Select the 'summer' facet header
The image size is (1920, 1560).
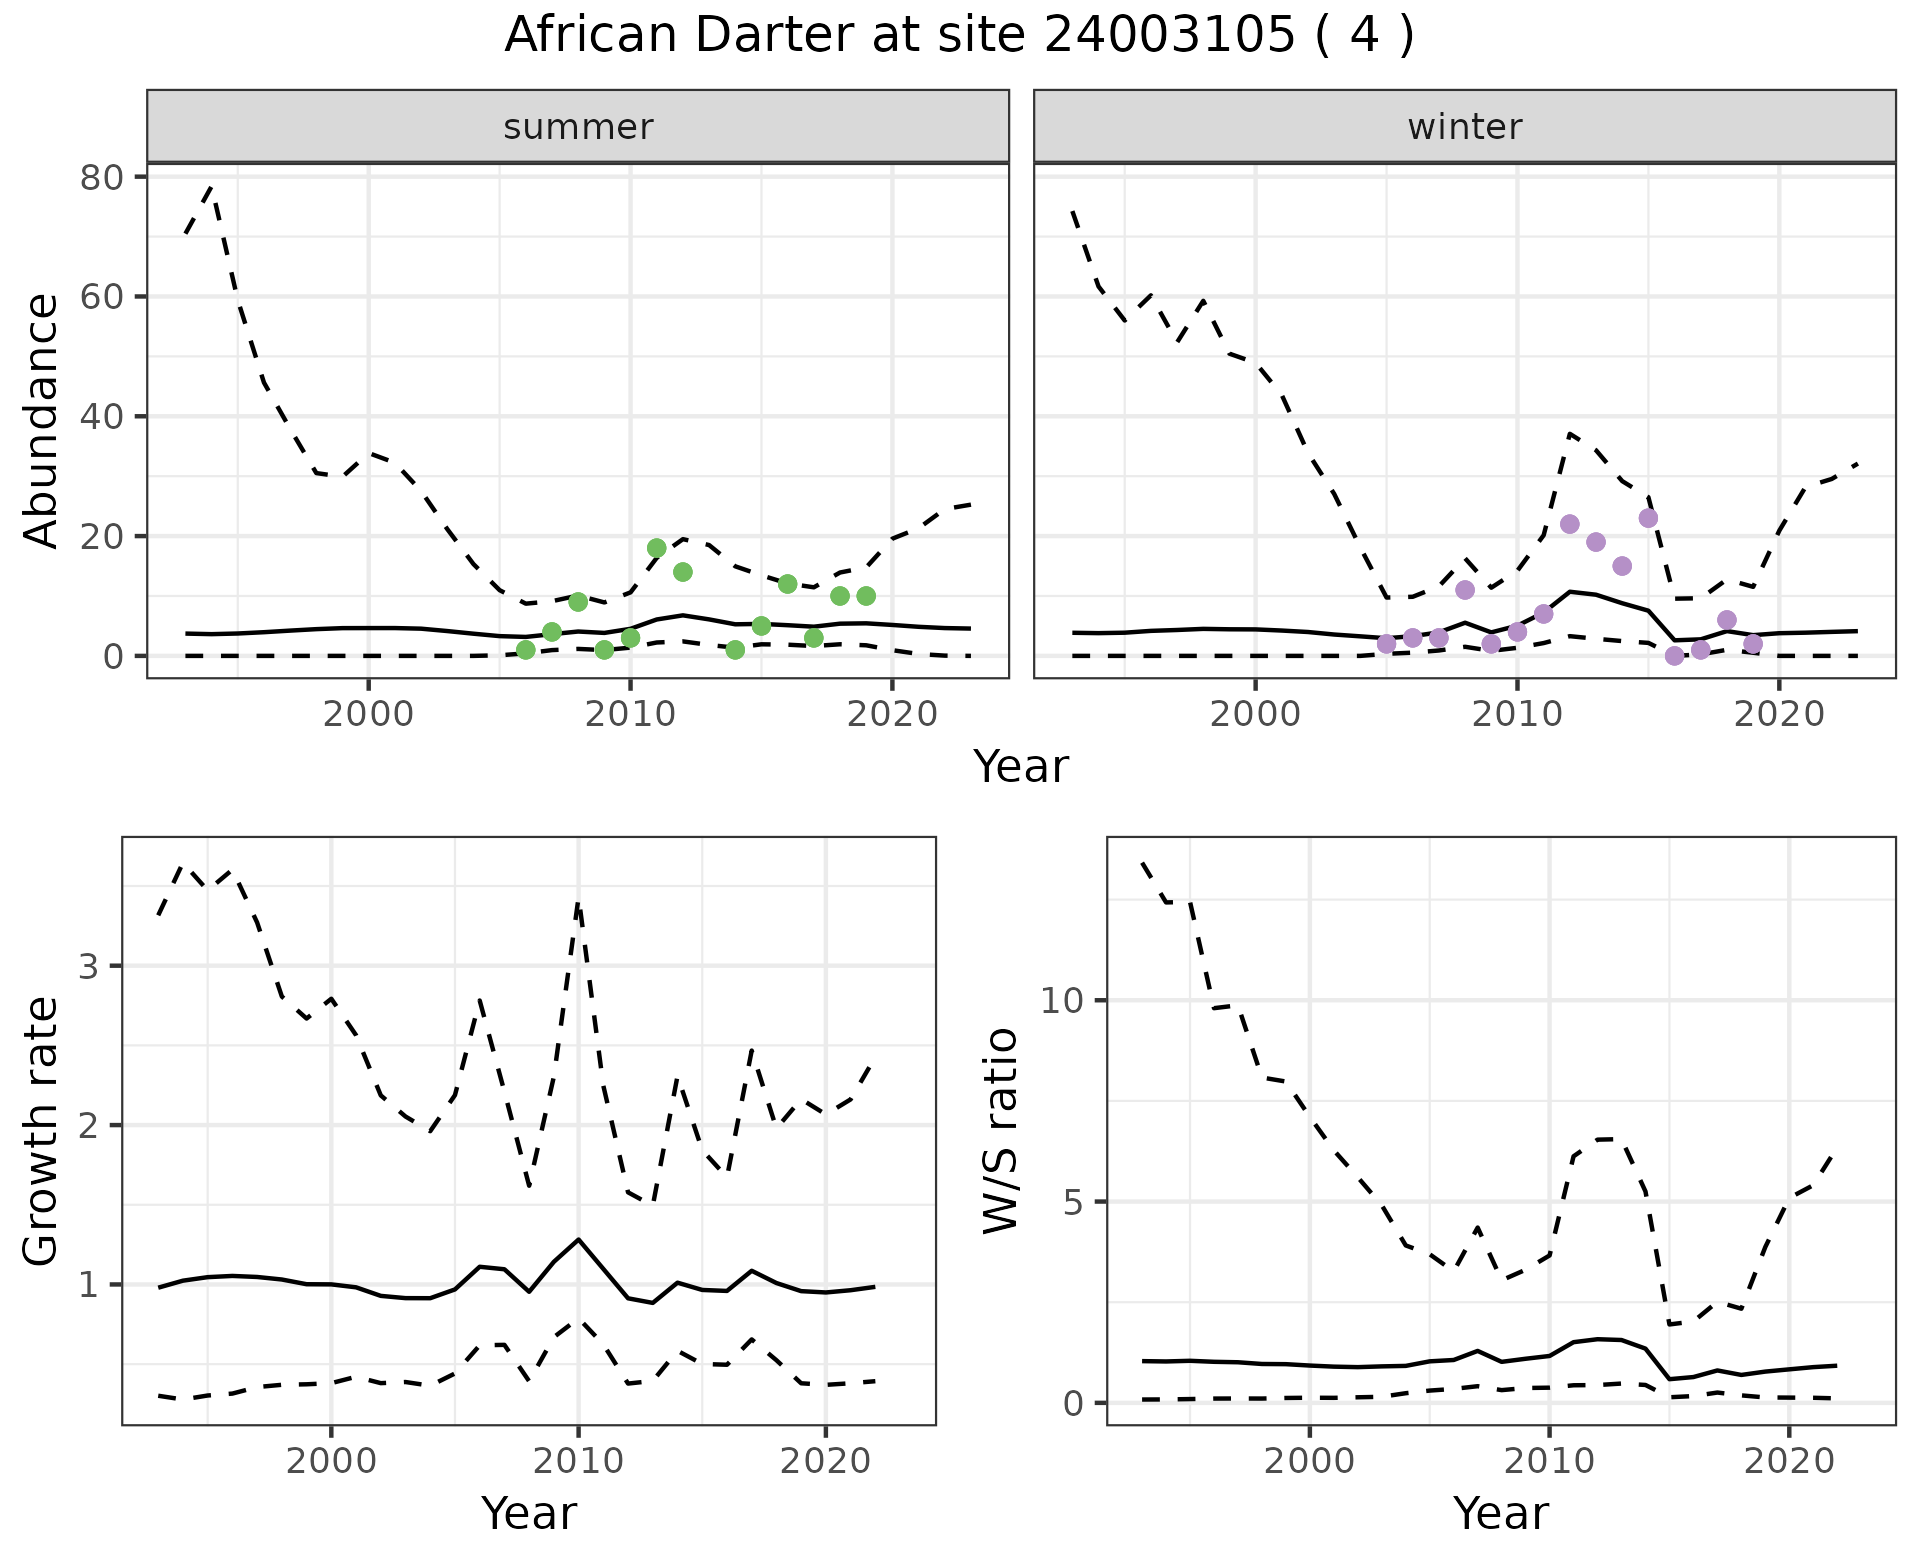click(578, 127)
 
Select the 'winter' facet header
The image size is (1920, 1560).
click(1464, 127)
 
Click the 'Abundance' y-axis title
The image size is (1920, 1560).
click(42, 420)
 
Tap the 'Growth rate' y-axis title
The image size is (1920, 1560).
click(42, 1132)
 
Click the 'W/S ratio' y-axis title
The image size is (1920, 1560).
click(1000, 1132)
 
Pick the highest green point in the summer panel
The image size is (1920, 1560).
click(656, 548)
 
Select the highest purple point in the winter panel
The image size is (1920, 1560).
click(1648, 518)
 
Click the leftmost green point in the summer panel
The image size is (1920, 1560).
click(526, 650)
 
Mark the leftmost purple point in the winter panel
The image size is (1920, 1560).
click(1386, 644)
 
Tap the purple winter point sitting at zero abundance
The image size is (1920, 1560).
click(1674, 656)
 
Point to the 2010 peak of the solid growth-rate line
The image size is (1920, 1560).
click(578, 1239)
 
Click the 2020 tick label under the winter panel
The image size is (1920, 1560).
click(1778, 714)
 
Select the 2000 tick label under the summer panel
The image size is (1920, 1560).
click(368, 714)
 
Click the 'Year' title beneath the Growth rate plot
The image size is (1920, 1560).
click(528, 1514)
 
